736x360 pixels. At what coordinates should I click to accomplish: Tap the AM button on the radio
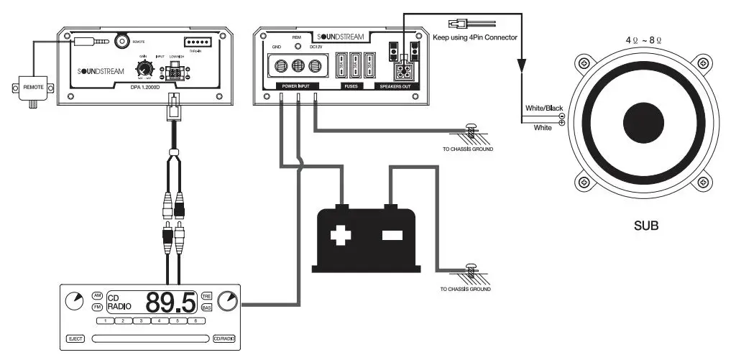[x=98, y=295]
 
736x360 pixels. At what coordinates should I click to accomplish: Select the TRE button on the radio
[x=206, y=295]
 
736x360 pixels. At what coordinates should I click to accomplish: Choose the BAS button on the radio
[x=206, y=308]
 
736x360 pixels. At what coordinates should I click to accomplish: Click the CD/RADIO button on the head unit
[x=224, y=338]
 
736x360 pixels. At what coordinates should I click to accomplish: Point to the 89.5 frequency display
[x=171, y=302]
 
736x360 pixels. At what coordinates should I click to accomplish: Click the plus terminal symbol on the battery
[x=339, y=235]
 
